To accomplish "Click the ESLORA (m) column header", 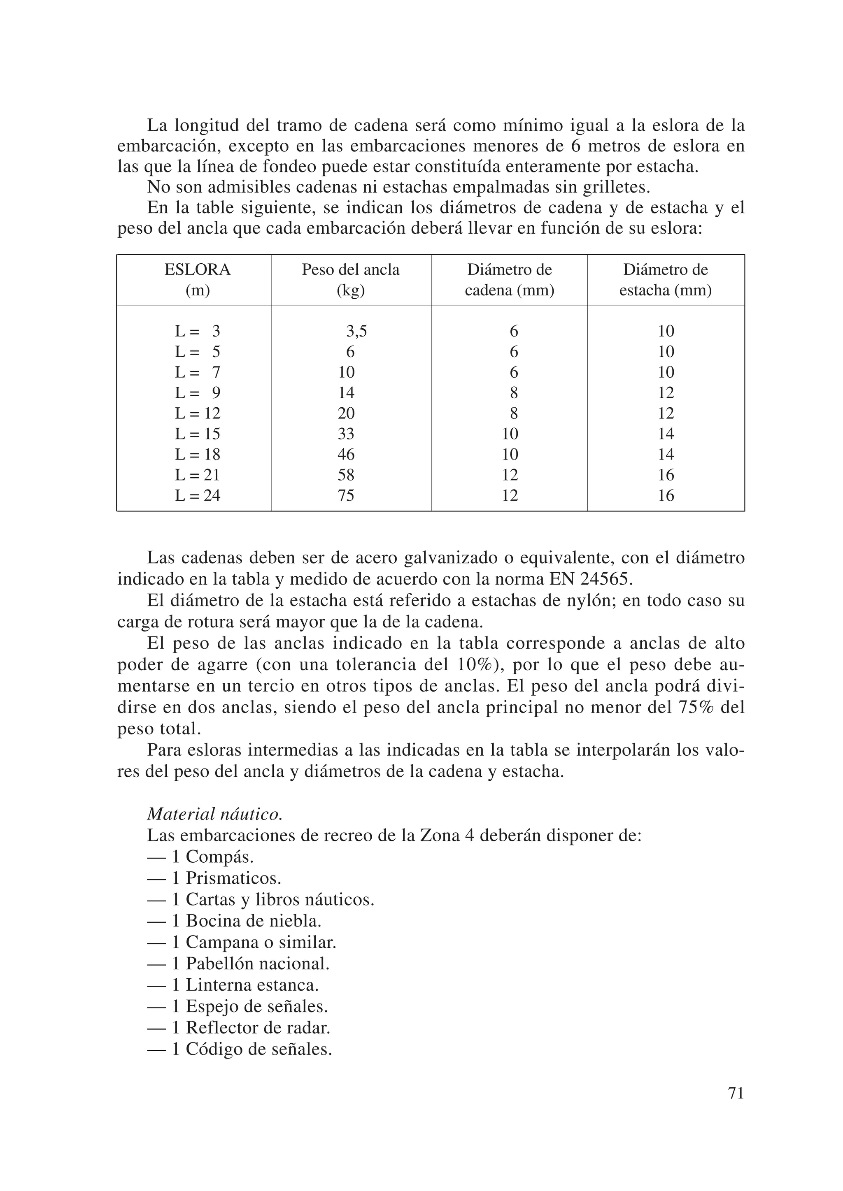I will coord(197,280).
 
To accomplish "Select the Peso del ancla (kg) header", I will coord(350,280).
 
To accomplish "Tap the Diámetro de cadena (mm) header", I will coord(509,280).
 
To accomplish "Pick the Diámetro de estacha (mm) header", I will coord(666,280).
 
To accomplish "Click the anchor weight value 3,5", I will coord(356,331).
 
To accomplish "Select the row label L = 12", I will coord(197,413).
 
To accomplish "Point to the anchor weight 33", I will coord(346,434).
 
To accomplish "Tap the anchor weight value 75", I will coord(346,495).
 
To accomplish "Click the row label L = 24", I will coord(197,495).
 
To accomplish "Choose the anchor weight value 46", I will coord(346,455).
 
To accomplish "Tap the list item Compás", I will coord(219,857).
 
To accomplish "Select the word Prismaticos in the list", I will coord(233,878).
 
